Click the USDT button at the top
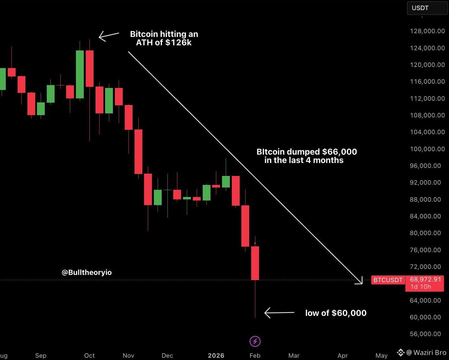[x=427, y=8]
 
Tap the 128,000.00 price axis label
[x=427, y=31]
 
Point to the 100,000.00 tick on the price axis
[x=427, y=149]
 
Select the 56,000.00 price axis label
[x=425, y=334]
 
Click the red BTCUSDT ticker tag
[x=388, y=280]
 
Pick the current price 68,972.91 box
[x=424, y=283]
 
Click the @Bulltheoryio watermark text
[x=87, y=272]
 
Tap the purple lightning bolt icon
[x=255, y=342]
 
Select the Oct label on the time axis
[x=90, y=355]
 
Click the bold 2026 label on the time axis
[x=216, y=355]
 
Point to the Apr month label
[x=343, y=355]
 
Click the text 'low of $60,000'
[x=336, y=313]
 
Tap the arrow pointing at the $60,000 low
[x=279, y=313]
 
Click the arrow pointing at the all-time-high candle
[x=109, y=36]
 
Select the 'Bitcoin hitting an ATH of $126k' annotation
[x=164, y=38]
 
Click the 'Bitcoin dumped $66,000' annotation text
[x=307, y=156]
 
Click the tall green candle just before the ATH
[x=80, y=74]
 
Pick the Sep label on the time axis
[x=41, y=355]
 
